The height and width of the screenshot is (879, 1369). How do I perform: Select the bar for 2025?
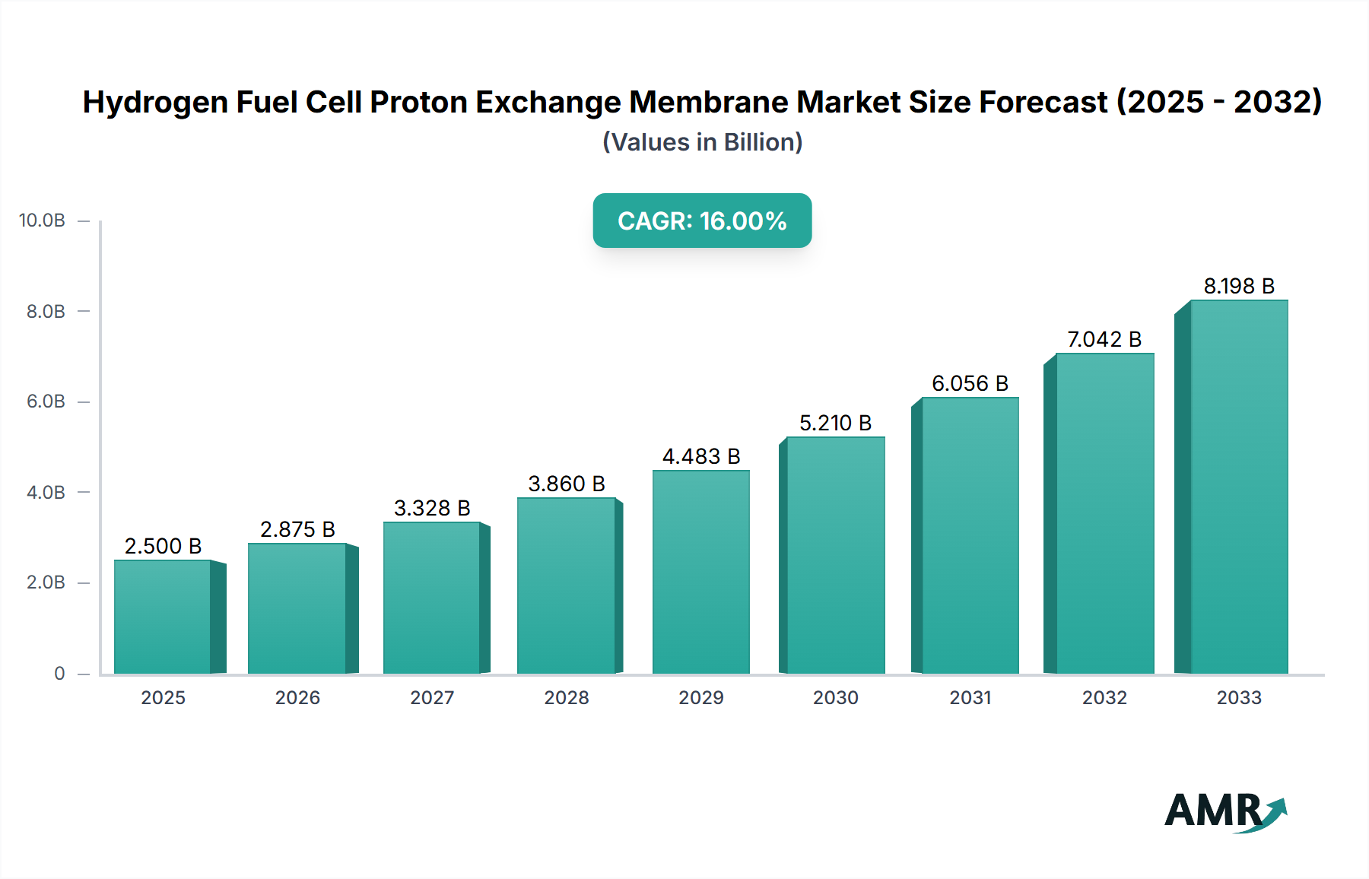[x=163, y=617]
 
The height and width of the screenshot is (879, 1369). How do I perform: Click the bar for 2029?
[x=700, y=572]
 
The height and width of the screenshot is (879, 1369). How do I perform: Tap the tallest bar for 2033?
[x=1238, y=487]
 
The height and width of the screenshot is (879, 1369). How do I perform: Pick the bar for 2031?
[x=970, y=535]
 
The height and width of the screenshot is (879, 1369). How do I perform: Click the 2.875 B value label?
[x=297, y=529]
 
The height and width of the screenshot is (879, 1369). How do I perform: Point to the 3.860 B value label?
[x=567, y=484]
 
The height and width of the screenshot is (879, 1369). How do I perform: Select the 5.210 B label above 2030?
[x=835, y=423]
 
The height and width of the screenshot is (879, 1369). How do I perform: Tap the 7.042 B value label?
[x=1104, y=339]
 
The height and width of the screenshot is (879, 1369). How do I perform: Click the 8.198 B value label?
[x=1238, y=286]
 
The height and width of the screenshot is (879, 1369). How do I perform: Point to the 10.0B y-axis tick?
[x=43, y=221]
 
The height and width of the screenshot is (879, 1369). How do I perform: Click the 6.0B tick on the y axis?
[x=46, y=401]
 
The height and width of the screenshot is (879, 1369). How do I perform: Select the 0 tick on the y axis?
[x=59, y=673]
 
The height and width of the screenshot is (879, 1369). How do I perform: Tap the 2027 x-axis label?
[x=432, y=697]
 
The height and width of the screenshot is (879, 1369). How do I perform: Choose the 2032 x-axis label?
[x=1104, y=697]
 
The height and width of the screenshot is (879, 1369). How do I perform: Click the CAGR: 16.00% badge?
[x=702, y=221]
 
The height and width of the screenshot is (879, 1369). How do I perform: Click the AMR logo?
[x=1224, y=811]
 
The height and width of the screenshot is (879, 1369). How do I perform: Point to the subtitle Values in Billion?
[x=702, y=142]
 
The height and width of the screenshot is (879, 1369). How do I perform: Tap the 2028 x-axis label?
[x=567, y=697]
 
